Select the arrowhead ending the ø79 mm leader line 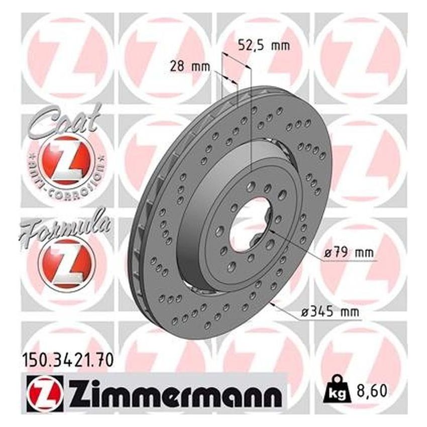pyautogui.click(x=271, y=232)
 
